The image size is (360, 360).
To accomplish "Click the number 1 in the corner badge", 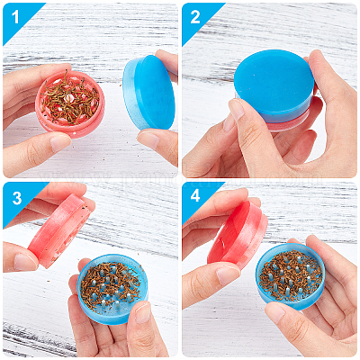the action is pos(15,17).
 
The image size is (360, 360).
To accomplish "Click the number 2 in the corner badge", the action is pos(194,17).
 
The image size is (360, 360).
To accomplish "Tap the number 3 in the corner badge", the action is pos(17,198).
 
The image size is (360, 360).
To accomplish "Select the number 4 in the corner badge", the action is pos(195,196).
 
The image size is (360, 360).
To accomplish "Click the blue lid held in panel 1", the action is pos(149,93).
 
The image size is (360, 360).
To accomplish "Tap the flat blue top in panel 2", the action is pos(274,82).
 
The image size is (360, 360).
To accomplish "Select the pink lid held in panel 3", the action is pos(58,230).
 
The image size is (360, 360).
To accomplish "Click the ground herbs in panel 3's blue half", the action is pos(110,285).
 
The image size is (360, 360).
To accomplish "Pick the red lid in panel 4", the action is pos(238,236).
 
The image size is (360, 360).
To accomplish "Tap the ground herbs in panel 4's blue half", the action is pos(290,275).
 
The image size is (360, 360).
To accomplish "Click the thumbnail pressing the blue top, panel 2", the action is pos(237,110).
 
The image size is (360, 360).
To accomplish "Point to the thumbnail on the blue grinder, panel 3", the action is pos(142,312).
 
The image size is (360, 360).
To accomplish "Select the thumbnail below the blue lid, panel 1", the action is pos(149,139).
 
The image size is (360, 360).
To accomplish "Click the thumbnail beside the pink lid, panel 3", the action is pos(25,262).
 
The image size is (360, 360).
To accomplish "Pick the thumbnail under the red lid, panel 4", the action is pos(227,274).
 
